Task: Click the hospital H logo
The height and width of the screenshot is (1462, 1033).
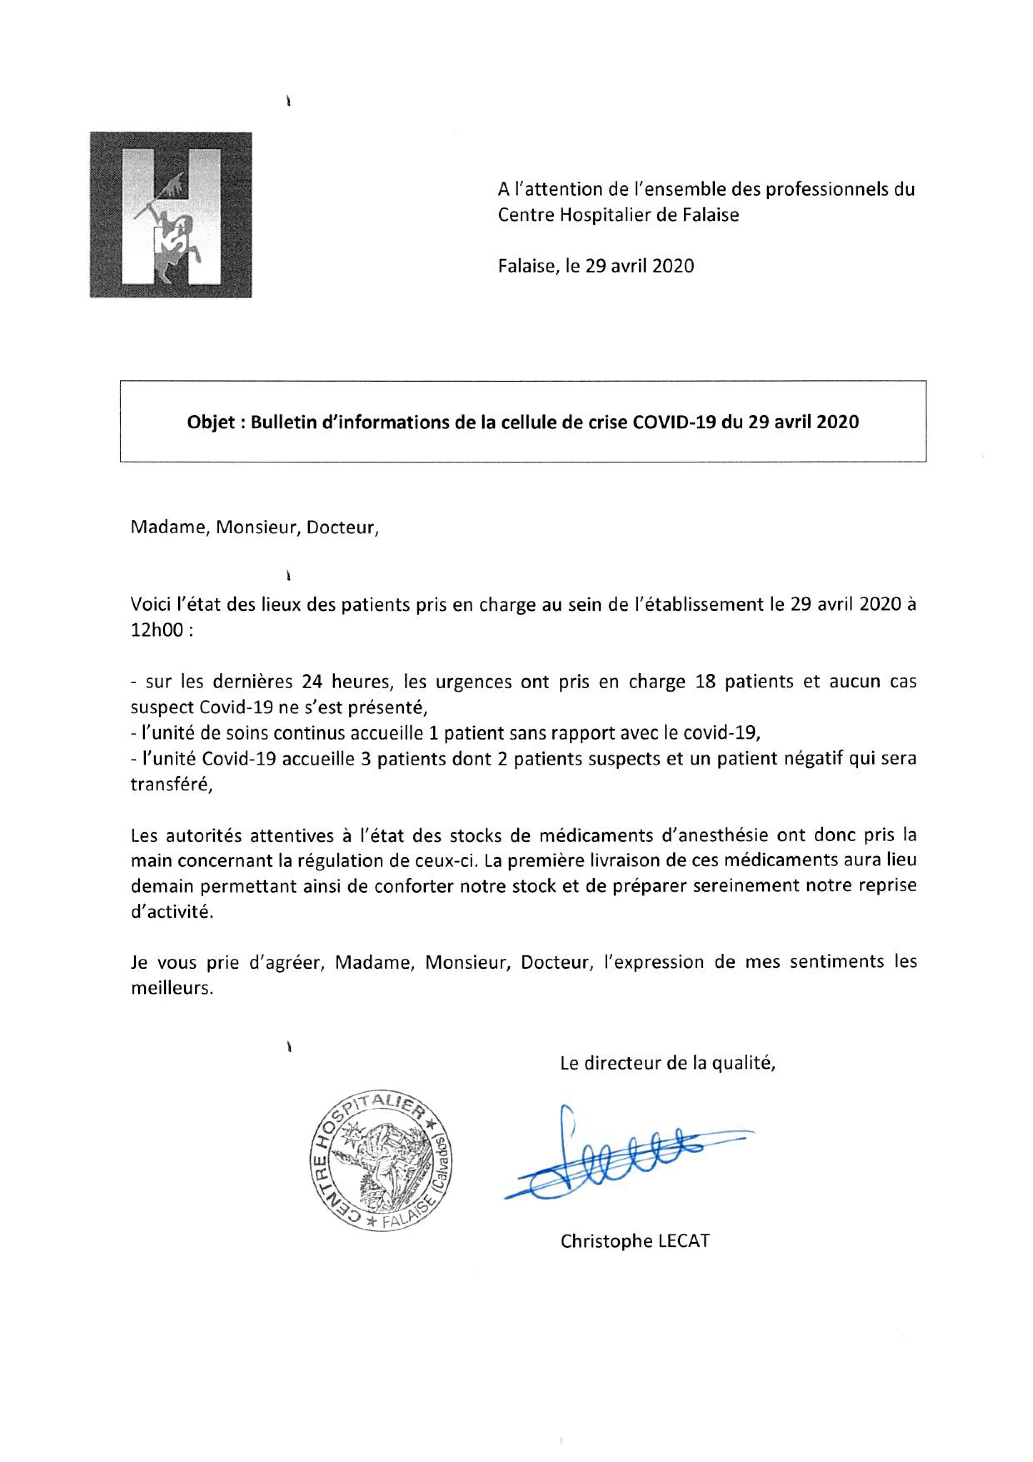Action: [x=171, y=215]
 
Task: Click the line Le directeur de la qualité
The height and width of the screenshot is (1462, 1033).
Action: [x=668, y=1063]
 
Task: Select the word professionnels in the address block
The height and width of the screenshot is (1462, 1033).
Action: [x=823, y=189]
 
